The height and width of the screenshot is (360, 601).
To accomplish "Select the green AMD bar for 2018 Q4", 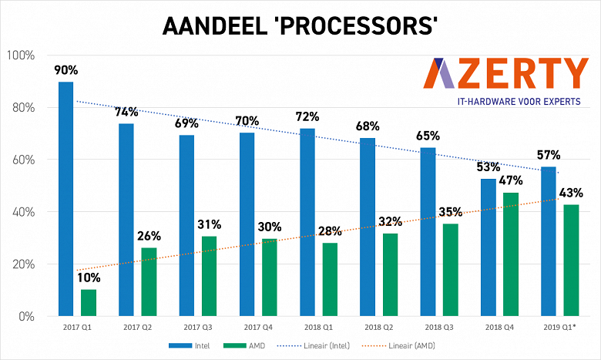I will (510, 254).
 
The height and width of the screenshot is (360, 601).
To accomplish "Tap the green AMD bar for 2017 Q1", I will (89, 302).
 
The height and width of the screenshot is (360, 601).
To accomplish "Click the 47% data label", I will (510, 180).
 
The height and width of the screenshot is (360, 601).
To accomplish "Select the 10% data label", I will (89, 278).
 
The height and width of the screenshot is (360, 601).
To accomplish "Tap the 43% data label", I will (571, 193).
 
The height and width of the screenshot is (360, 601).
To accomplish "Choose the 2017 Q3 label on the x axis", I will (198, 328).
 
